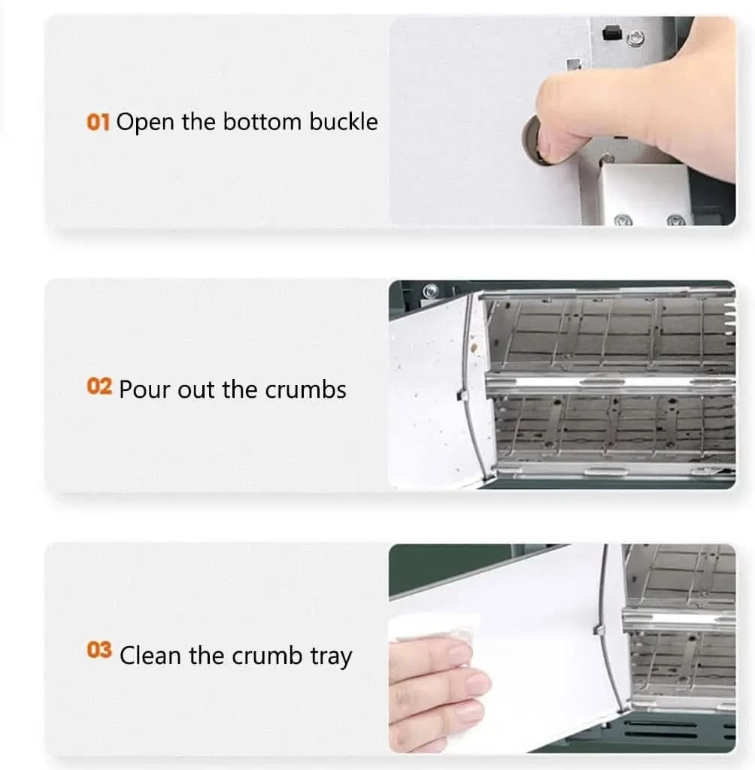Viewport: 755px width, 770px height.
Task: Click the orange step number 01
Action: tap(98, 122)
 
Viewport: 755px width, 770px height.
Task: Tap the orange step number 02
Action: tap(99, 387)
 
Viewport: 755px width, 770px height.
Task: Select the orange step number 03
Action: tap(99, 650)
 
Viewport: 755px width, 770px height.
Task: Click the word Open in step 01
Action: tap(145, 123)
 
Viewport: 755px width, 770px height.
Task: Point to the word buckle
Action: tap(344, 121)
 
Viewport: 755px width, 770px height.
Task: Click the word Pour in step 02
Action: tap(145, 390)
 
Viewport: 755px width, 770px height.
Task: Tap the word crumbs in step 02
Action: tap(305, 390)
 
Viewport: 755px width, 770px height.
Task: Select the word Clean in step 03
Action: tap(150, 656)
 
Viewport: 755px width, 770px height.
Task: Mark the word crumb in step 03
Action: tap(267, 656)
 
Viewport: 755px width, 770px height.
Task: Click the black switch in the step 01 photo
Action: tap(611, 32)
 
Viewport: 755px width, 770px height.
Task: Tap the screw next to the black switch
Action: tap(635, 38)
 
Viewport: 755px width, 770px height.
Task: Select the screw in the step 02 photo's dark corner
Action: tap(430, 290)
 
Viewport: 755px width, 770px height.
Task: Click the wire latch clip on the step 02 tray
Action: tap(462, 394)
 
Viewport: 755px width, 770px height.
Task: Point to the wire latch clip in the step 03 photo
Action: tap(598, 629)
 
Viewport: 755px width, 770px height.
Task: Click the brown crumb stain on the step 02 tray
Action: tap(474, 347)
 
